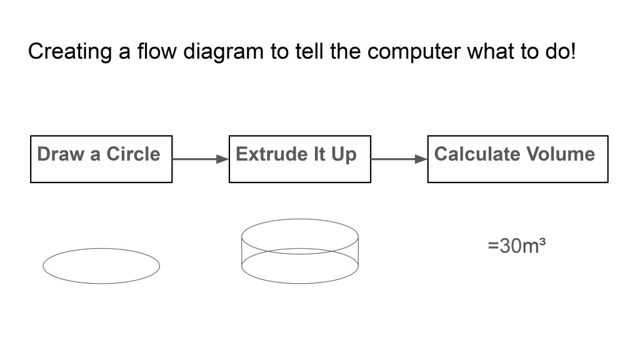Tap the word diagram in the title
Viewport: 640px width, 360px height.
tap(223, 52)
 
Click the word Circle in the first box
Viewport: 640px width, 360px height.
tap(134, 154)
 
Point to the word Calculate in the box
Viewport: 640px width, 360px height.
tap(477, 154)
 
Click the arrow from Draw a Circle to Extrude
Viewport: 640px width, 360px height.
tap(201, 159)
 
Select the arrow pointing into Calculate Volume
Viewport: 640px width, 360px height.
tap(399, 159)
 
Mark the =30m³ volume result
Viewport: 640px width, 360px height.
tap(517, 246)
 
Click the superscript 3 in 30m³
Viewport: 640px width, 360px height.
tap(542, 241)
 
